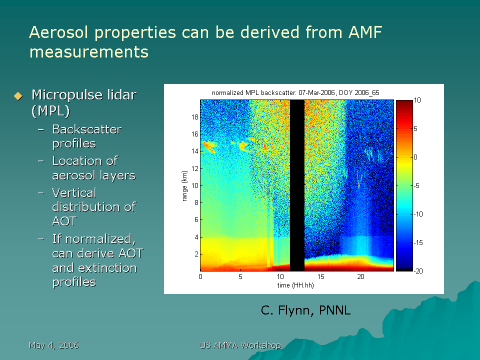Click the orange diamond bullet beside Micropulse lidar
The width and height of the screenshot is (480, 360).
click(18, 96)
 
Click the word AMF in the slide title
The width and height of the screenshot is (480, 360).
click(365, 32)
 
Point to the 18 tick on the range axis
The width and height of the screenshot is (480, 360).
click(195, 117)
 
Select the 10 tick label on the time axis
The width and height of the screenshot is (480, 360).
click(280, 276)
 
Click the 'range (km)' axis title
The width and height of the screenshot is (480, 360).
click(184, 186)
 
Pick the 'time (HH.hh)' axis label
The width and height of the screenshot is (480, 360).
click(295, 285)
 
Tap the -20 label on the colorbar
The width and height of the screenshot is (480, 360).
click(418, 271)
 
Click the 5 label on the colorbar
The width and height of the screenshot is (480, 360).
click(415, 128)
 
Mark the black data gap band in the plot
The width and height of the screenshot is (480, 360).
click(297, 185)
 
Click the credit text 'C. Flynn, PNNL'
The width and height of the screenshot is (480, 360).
click(305, 310)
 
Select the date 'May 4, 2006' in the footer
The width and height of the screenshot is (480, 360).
click(54, 345)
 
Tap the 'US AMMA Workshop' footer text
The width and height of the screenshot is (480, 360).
click(240, 345)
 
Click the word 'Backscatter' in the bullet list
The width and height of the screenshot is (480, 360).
click(87, 129)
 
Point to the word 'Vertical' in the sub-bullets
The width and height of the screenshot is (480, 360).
click(74, 193)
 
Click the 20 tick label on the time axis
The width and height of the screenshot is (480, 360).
click(360, 276)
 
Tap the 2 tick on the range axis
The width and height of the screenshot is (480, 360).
click(196, 254)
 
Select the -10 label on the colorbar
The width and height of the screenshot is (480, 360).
click(418, 214)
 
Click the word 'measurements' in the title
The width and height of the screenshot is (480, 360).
click(89, 51)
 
